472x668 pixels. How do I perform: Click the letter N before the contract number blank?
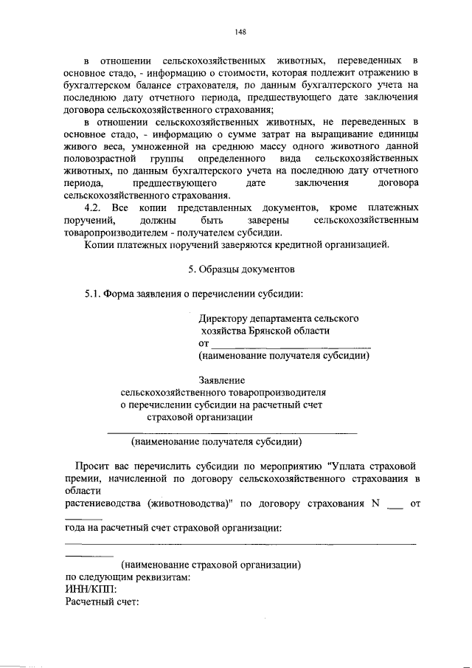[x=375, y=504]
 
